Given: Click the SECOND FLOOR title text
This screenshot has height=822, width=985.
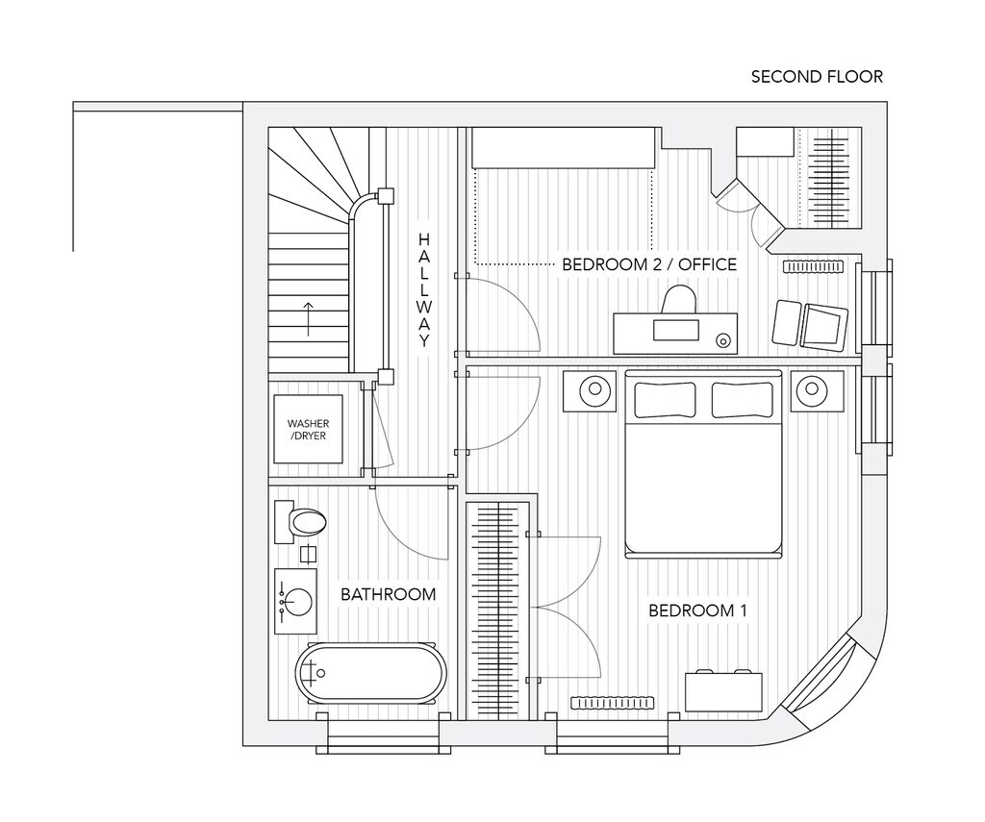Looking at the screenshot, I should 817,77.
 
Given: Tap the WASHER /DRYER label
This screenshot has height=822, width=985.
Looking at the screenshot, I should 308,430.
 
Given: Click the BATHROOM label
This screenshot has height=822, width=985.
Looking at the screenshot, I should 388,594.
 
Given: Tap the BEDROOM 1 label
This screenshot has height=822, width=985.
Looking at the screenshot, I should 697,610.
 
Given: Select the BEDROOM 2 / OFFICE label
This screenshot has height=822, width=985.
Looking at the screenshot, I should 649,264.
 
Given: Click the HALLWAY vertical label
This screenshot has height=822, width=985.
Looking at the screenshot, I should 424,289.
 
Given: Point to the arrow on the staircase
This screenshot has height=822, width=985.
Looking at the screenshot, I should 308,318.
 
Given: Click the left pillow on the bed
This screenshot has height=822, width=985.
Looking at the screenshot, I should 663,399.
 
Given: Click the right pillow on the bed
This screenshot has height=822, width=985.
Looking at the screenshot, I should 743,399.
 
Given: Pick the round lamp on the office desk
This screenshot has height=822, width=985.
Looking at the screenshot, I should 722,339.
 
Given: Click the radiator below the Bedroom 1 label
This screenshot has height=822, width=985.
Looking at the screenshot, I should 613,703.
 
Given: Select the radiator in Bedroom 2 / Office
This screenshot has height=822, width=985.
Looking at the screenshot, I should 813,265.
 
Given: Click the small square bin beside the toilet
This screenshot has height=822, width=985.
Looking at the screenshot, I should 308,554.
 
